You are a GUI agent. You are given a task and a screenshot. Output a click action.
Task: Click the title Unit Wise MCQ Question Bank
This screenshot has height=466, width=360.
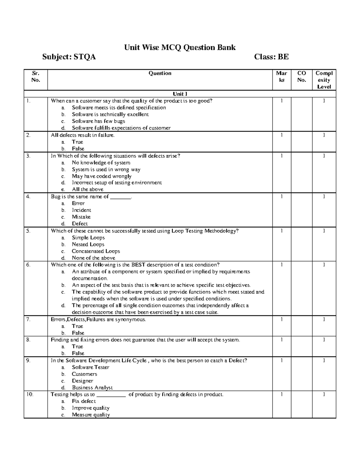click(x=180, y=47)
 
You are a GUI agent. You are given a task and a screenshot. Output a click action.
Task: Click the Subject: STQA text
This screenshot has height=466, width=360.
click(x=69, y=57)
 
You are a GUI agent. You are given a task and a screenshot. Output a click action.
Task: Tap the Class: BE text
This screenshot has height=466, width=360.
click(x=271, y=57)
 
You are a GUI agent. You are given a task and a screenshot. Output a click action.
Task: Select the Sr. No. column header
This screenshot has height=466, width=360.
click(x=36, y=77)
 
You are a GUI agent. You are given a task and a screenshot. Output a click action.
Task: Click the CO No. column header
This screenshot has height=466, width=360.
click(x=301, y=77)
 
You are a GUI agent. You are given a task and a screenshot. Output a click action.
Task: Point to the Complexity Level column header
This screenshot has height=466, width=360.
click(x=324, y=80)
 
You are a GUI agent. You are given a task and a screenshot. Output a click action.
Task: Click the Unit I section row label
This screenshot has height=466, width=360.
click(x=180, y=94)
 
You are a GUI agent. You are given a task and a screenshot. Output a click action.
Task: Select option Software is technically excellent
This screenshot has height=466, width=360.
click(x=110, y=114)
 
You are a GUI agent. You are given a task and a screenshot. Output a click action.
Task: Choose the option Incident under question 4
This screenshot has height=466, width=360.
click(x=81, y=210)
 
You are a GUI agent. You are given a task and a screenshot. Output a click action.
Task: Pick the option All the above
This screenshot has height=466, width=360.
click(x=88, y=189)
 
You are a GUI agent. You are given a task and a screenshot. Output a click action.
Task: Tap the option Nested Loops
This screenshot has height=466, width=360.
click(x=88, y=244)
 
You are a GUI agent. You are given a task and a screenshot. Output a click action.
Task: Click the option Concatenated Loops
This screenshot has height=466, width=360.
click(x=96, y=251)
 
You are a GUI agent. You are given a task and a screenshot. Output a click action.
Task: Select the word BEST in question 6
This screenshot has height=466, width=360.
click(x=138, y=265)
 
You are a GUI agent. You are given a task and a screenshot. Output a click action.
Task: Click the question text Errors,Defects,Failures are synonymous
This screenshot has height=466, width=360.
click(x=98, y=319)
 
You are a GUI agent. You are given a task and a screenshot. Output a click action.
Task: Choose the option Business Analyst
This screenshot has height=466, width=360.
click(x=92, y=387)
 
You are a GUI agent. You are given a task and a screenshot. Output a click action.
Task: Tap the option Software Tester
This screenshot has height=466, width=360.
click(x=90, y=367)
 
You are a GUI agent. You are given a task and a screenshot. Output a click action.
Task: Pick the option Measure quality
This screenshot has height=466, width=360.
click(x=91, y=415)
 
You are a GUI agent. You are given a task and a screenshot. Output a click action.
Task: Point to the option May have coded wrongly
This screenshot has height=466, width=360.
click(x=101, y=176)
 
